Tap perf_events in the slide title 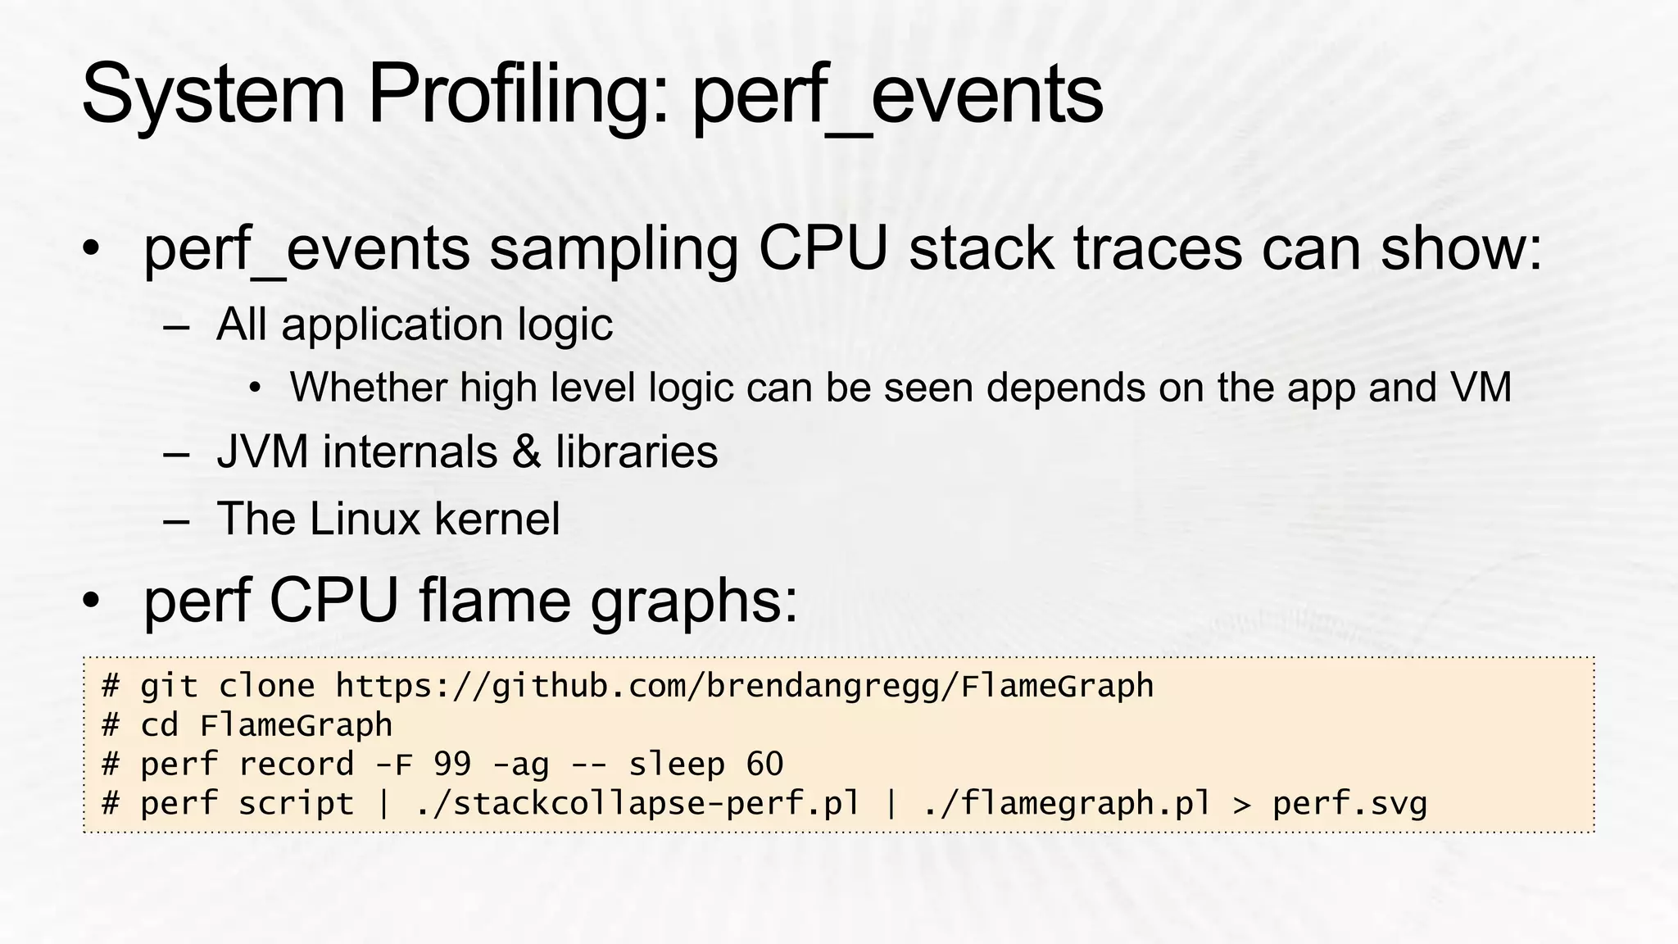(898, 97)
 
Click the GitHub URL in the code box (744, 687)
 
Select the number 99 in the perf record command (452, 765)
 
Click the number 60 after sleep (764, 765)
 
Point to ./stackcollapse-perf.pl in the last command (637, 804)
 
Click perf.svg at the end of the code (1349, 804)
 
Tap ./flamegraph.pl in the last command (1066, 804)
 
